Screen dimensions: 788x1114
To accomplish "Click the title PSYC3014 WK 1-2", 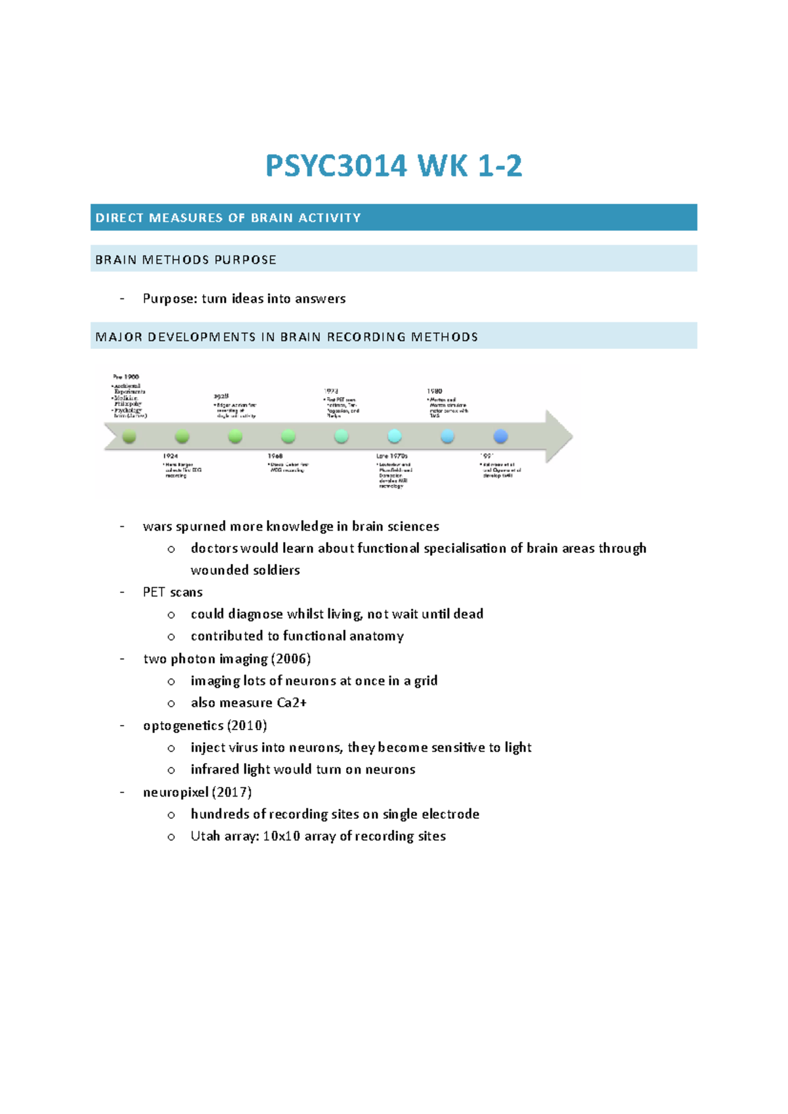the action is (393, 166).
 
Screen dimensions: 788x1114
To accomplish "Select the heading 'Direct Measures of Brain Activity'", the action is (228, 218).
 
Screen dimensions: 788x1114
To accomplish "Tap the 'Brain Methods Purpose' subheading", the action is (186, 260).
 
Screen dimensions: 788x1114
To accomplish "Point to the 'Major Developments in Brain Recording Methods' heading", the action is (286, 337).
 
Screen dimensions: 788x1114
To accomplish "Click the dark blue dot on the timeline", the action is (500, 436).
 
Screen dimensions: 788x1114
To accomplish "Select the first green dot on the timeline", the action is (129, 436).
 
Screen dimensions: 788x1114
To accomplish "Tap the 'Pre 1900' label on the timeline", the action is (126, 377).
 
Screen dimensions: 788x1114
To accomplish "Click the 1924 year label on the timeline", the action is (170, 456).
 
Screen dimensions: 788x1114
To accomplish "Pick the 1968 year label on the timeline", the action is (275, 456).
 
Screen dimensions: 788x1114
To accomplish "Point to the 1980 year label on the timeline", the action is (434, 391).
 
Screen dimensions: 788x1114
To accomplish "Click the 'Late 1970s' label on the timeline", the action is (392, 456).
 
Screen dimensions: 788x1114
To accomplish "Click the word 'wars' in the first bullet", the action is (157, 526).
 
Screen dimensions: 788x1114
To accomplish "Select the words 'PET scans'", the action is (173, 592).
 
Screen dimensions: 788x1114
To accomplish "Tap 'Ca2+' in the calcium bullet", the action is (292, 703).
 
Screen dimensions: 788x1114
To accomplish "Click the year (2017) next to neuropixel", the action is (232, 792).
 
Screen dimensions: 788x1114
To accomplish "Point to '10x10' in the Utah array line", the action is (280, 836).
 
